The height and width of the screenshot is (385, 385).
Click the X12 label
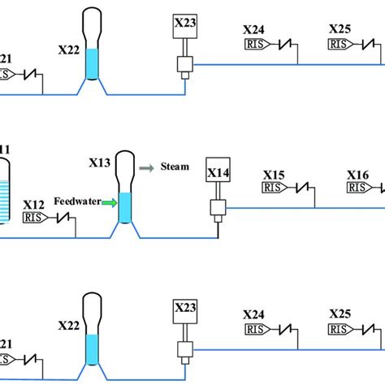click(33, 204)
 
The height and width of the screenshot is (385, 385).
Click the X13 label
click(99, 162)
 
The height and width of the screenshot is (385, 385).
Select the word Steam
click(175, 167)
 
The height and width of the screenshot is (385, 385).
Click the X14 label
click(218, 172)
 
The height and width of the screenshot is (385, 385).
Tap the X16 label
click(358, 175)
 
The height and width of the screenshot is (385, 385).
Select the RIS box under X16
click(357, 188)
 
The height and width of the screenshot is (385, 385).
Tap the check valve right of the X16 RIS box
click(380, 187)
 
